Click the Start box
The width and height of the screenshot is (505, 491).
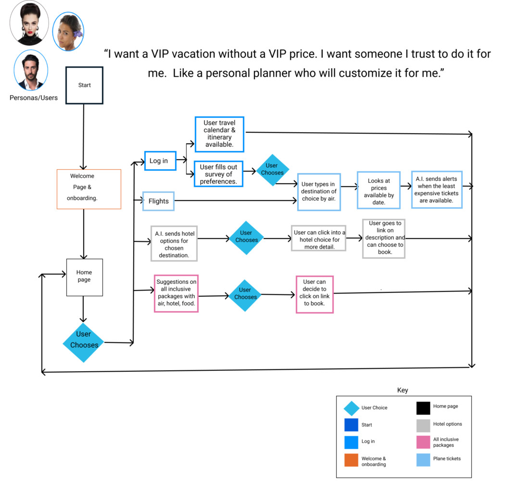pyautogui.click(x=84, y=85)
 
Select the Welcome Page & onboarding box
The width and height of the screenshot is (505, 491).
pyautogui.click(x=89, y=189)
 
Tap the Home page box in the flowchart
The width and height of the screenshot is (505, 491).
pyautogui.click(x=84, y=277)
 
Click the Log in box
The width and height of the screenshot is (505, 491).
pyautogui.click(x=160, y=161)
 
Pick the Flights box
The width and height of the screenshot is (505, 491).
pyautogui.click(x=158, y=201)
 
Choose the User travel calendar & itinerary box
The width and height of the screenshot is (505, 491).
pyautogui.click(x=219, y=134)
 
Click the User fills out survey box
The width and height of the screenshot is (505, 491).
pyautogui.click(x=218, y=174)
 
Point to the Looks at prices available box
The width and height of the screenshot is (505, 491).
pyautogui.click(x=379, y=190)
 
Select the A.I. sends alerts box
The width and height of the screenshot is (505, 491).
pyautogui.click(x=437, y=189)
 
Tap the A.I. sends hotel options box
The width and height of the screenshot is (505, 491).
pyautogui.click(x=174, y=243)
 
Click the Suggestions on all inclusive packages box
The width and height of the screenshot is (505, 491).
pyautogui.click(x=176, y=293)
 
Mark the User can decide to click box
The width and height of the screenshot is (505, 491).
pyautogui.click(x=315, y=294)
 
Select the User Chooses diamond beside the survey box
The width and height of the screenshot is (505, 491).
pyautogui.click(x=272, y=170)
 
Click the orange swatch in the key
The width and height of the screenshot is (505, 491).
pyautogui.click(x=351, y=460)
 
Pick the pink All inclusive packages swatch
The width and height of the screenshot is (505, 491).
pyautogui.click(x=423, y=442)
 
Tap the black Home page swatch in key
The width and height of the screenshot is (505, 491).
pyautogui.click(x=423, y=408)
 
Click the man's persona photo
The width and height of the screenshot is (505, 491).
pyautogui.click(x=31, y=70)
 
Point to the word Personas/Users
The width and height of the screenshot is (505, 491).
pyautogui.click(x=34, y=98)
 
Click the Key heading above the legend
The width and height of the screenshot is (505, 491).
pyautogui.click(x=403, y=390)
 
